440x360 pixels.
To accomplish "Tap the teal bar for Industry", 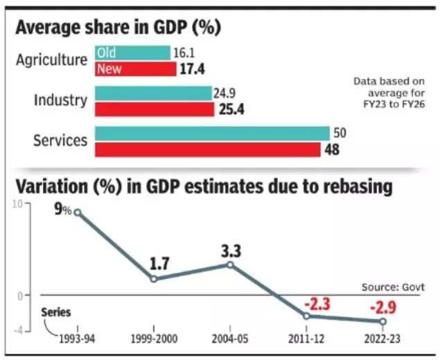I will click(x=153, y=93).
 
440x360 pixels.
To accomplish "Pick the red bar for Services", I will click(x=208, y=150).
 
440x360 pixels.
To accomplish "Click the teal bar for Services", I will click(x=212, y=134).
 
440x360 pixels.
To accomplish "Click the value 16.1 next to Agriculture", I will click(x=183, y=53).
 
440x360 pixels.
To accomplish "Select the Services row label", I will click(x=60, y=141).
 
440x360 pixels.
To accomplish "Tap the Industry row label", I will click(x=61, y=101).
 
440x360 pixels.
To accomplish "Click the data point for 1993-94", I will click(x=78, y=212).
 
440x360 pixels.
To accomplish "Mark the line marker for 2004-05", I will click(x=230, y=265).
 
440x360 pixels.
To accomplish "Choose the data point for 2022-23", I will click(x=382, y=321).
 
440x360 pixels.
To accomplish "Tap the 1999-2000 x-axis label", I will click(x=154, y=339).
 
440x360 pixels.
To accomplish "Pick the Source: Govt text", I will click(x=391, y=286).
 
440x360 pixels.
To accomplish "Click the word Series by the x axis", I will click(x=55, y=314).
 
